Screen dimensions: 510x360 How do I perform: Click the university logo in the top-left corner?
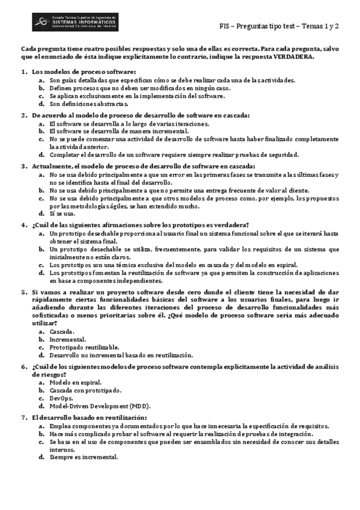pos(75,22)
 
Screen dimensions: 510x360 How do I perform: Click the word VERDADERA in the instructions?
pos(293,57)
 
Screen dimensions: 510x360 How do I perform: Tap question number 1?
pos(24,72)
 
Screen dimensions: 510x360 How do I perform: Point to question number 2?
pos(24,115)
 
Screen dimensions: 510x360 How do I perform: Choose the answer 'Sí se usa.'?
pos(63,213)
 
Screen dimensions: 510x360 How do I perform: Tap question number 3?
pos(24,166)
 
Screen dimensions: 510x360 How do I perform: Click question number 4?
pos(24,225)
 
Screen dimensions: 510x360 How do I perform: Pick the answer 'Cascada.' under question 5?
pos(62,331)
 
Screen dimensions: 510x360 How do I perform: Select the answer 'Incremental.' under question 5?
pos(67,339)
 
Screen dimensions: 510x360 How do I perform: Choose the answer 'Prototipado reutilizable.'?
pos(84,347)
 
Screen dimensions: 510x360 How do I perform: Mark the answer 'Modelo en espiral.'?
pos(76,382)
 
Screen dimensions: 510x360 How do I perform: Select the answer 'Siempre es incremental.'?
pos(84,456)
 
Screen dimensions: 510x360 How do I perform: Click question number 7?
pos(24,417)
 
